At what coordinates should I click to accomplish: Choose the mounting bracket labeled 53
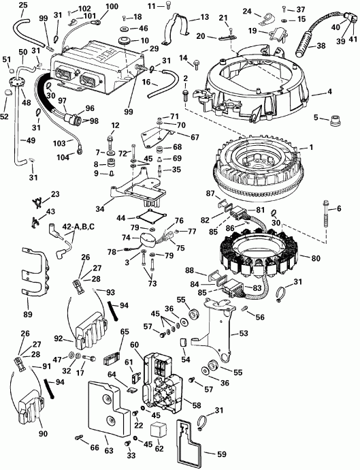[x=214, y=320]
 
